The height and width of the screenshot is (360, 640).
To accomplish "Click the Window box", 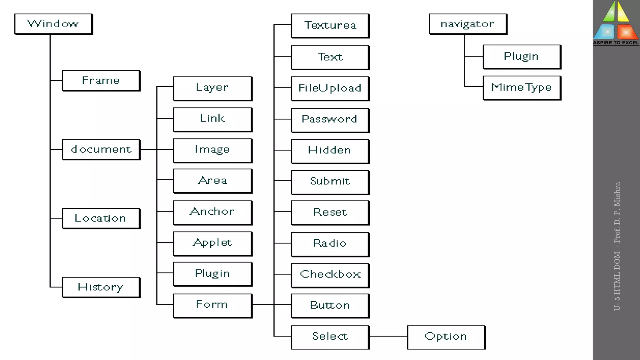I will tap(53, 24).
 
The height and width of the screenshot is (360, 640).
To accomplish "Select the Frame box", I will tap(101, 81).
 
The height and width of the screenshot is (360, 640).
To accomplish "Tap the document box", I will tap(101, 149).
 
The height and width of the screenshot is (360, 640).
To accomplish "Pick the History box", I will tap(101, 287).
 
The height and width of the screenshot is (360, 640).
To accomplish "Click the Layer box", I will tap(212, 88).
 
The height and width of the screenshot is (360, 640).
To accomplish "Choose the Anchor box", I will tap(212, 212).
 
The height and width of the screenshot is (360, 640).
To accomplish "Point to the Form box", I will tap(212, 305).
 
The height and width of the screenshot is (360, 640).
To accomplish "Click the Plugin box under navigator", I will tap(521, 57).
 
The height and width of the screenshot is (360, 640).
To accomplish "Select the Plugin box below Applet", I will tap(212, 274).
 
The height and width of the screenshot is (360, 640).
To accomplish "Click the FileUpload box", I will tap(330, 88).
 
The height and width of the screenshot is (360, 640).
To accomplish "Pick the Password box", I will tap(330, 120).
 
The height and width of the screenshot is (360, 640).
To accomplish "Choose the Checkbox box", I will tap(330, 275).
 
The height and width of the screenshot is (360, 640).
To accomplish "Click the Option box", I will tap(446, 337).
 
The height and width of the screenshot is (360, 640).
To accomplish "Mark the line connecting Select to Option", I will tap(388, 336).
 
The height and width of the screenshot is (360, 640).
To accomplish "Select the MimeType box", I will tap(521, 87).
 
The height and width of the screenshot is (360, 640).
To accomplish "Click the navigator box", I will tap(467, 24).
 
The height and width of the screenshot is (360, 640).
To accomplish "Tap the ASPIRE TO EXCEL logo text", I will tap(616, 43).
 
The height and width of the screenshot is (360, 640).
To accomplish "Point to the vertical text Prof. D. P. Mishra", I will tap(617, 212).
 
